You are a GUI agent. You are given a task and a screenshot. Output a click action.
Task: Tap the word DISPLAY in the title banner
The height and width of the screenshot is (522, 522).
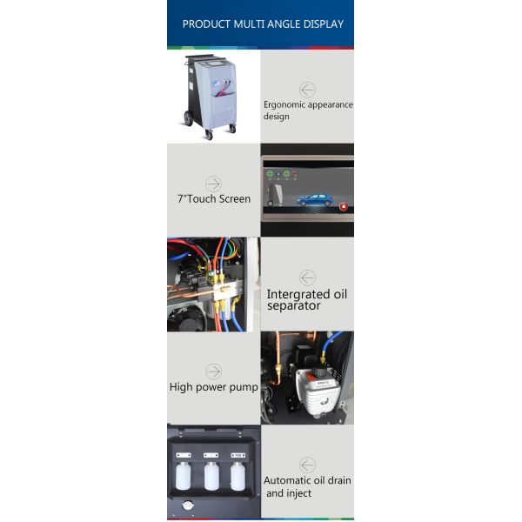pyautogui.click(x=320, y=24)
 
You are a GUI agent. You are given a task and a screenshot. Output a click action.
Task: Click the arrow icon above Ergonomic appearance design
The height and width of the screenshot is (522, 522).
pyautogui.click(x=307, y=89)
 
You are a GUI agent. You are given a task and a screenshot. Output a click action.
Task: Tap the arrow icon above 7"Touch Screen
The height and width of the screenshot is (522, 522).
pyautogui.click(x=213, y=184)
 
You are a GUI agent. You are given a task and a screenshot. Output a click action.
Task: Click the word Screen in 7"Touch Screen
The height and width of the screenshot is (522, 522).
pyautogui.click(x=235, y=199)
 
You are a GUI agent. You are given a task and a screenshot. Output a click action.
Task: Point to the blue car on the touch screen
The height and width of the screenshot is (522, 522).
pyautogui.click(x=313, y=199)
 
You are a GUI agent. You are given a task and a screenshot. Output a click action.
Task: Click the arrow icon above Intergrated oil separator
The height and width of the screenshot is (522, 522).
pyautogui.click(x=307, y=278)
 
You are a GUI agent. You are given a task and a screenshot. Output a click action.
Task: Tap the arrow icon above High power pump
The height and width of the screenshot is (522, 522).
pyautogui.click(x=213, y=371)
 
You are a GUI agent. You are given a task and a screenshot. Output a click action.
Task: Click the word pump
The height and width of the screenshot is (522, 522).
pyautogui.click(x=243, y=387)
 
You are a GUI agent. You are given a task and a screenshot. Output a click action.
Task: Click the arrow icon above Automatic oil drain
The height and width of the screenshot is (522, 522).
pyautogui.click(x=307, y=465)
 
